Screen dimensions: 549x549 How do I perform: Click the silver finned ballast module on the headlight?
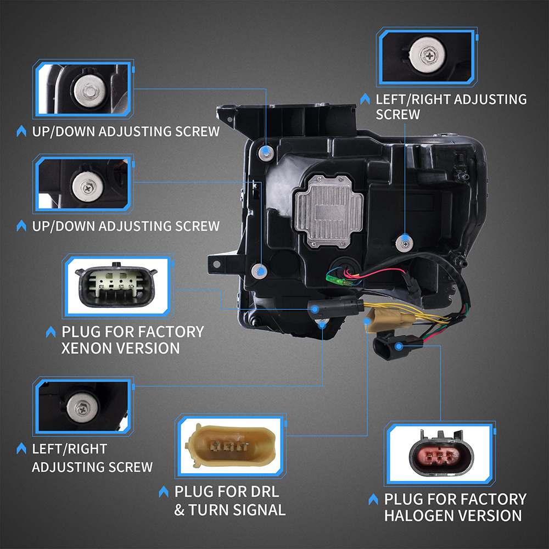pos(329,211)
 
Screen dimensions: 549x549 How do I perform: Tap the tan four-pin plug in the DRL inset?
pos(231,446)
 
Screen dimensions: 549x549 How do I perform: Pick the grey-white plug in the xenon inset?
pos(116,284)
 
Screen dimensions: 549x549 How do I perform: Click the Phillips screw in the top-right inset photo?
pos(428,54)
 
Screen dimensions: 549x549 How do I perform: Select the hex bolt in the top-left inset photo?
pos(89,92)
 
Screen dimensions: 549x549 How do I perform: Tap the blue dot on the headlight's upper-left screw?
pos(266,152)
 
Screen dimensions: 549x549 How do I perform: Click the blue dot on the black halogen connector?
pos(399,346)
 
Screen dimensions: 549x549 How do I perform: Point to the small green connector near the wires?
pos(335,279)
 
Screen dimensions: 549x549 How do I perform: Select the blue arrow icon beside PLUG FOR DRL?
pos(163,491)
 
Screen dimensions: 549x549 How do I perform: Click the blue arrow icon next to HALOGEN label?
pos(373,499)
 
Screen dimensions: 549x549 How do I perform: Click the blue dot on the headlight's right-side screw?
pos(405,238)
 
